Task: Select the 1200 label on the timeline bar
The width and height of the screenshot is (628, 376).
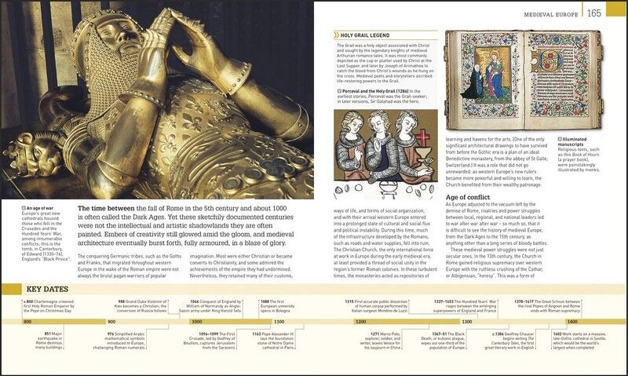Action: (360, 322)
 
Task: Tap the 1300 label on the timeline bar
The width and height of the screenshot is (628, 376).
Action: (466, 322)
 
